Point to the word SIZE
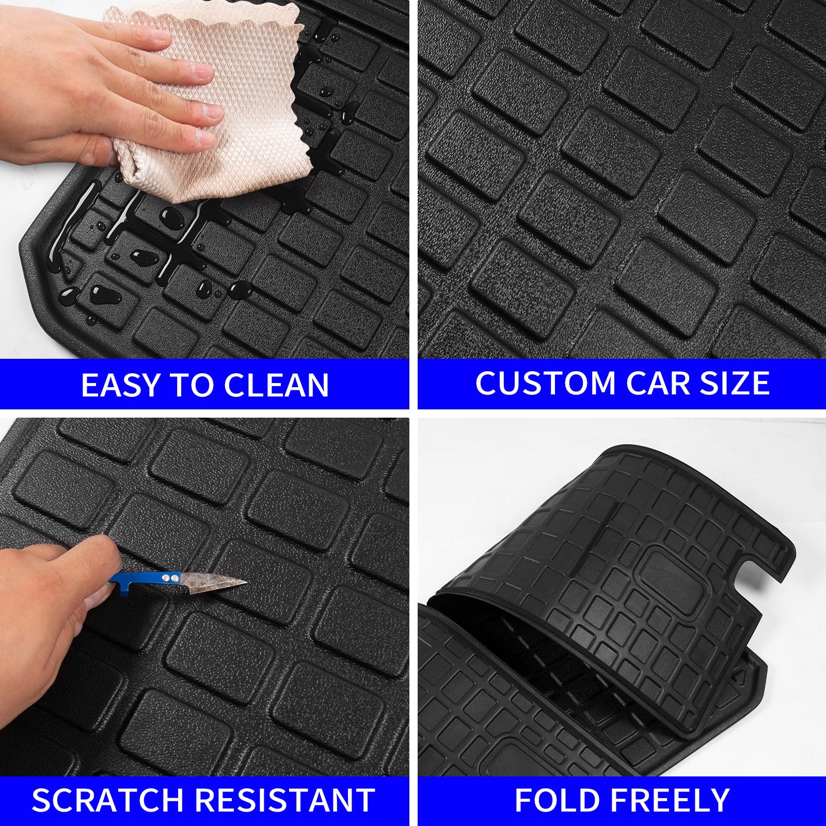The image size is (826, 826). (x=734, y=383)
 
